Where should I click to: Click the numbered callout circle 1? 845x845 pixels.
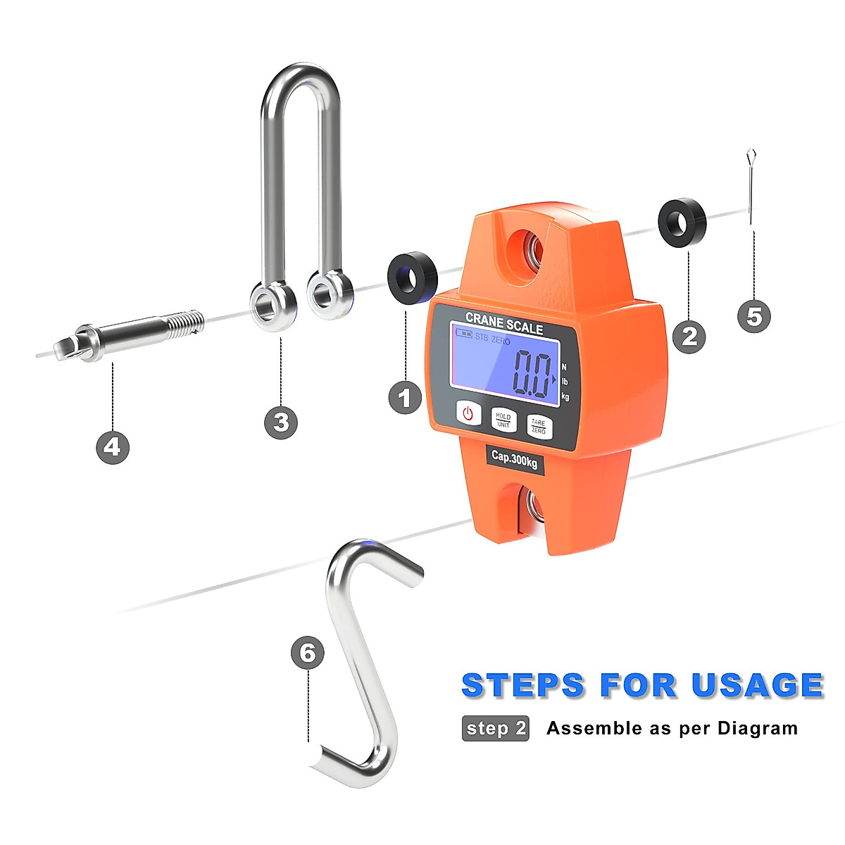405,398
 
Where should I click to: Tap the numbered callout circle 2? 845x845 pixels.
689,337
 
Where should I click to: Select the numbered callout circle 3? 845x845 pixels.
281,422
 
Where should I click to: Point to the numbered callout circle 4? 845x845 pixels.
113,447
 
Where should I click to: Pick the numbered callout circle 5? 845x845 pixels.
754,316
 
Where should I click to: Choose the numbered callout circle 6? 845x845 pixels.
308,653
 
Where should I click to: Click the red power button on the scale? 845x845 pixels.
468,413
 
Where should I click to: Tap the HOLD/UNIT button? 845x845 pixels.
503,420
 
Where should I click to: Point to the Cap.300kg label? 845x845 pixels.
515,459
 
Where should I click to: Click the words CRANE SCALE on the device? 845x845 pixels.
504,325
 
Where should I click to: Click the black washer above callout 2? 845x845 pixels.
682,220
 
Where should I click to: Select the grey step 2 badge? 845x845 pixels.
495,728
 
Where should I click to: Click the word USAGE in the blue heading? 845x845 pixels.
757,685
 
